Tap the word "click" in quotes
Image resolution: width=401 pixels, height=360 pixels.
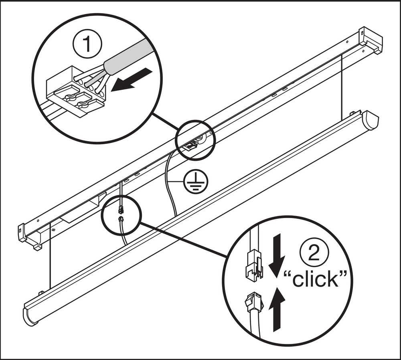coord(314,279)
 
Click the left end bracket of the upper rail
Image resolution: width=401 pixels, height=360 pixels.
coord(30,237)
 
